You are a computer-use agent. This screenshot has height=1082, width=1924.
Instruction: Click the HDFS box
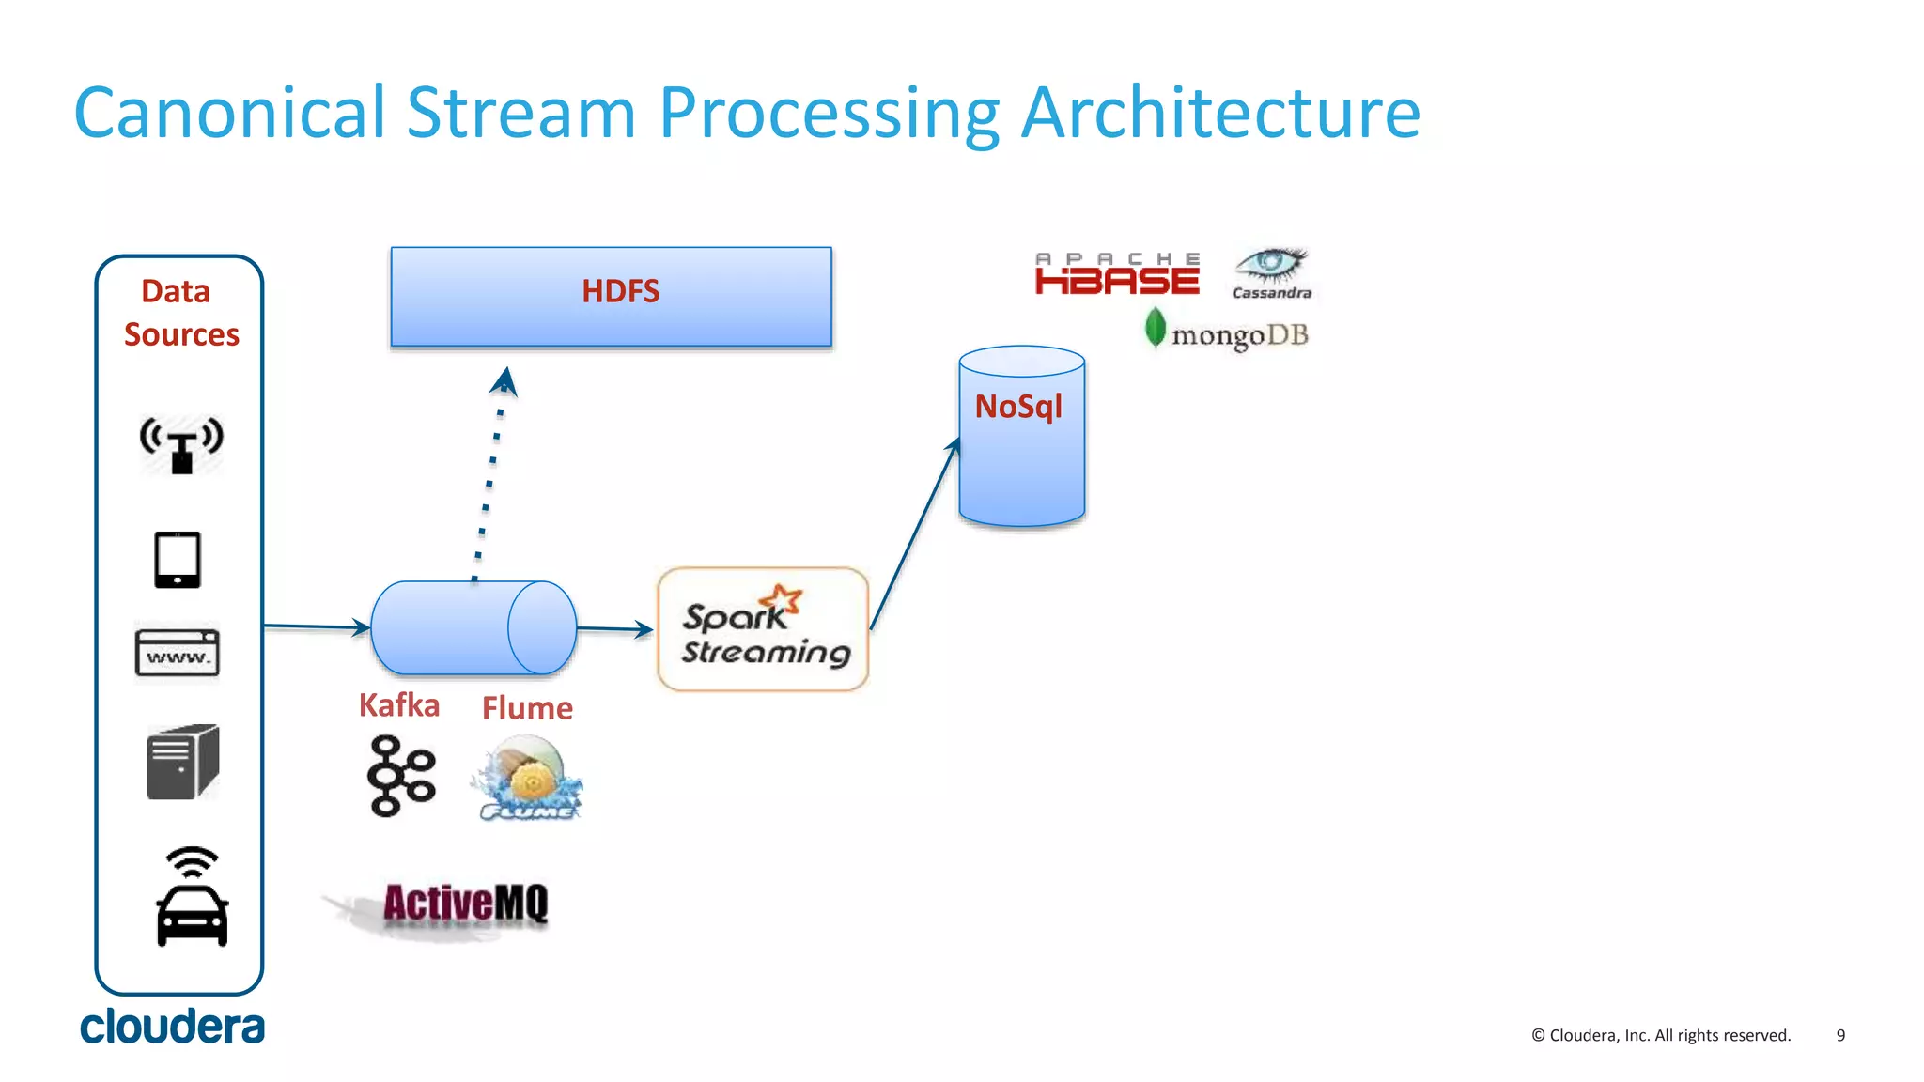[x=611, y=296]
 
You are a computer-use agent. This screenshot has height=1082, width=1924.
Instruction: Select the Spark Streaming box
[x=763, y=629]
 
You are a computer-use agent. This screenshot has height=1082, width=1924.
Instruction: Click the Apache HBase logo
[x=1117, y=273]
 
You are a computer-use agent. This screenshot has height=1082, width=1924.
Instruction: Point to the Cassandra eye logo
[x=1270, y=272]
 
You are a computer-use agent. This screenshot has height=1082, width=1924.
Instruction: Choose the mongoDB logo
[x=1226, y=332]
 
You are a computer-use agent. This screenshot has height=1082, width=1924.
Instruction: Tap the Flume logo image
[x=529, y=778]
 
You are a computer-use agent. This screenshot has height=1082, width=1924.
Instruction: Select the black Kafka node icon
[x=401, y=776]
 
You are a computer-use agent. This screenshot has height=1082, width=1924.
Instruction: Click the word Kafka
[x=399, y=705]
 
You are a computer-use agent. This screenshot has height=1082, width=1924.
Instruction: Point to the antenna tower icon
[x=181, y=444]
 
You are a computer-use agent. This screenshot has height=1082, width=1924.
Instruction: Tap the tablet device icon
[x=178, y=560]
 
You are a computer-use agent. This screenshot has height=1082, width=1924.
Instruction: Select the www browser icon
[x=178, y=652]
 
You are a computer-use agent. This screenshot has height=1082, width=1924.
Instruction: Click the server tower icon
[x=182, y=762]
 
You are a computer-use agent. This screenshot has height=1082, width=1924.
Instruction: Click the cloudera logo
[x=173, y=1027]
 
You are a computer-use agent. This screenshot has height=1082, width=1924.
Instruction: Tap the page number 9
[x=1840, y=1035]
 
